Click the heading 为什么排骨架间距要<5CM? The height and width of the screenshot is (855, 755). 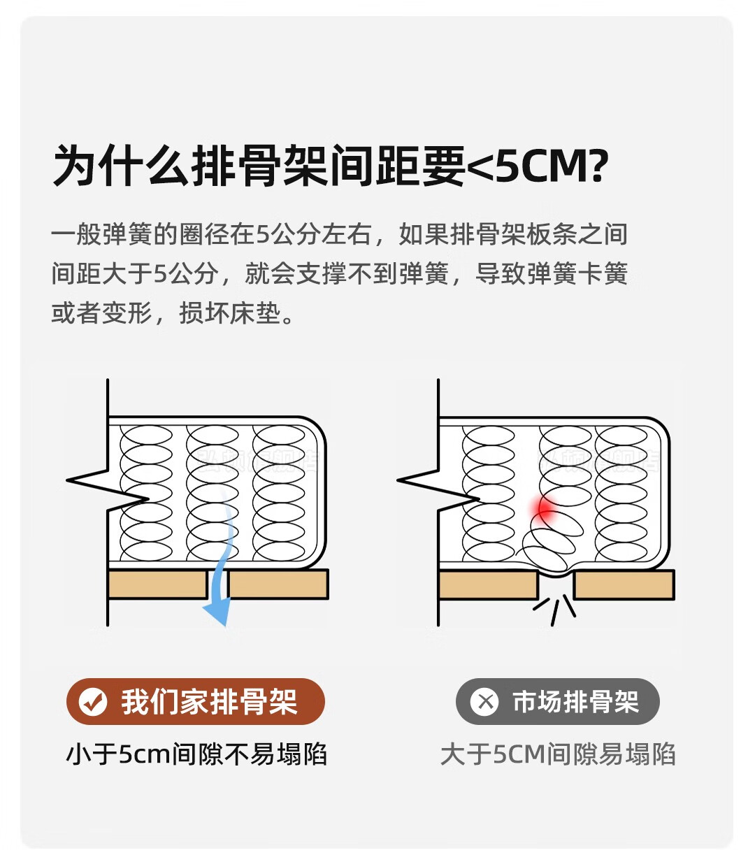coord(330,166)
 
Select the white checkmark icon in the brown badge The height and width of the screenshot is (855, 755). coord(93,701)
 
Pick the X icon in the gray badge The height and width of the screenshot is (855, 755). coord(484,701)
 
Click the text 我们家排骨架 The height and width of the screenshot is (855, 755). coord(209,701)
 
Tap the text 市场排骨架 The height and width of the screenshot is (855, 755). coord(575,701)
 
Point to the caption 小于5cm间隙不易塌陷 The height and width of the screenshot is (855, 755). coord(196,754)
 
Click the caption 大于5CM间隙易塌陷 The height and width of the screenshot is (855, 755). coord(558,754)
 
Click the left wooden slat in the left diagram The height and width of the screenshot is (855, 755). coord(157,584)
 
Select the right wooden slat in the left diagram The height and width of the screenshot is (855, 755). coord(278,584)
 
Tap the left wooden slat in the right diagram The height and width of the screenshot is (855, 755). coord(487,584)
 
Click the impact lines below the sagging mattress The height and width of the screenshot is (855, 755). coord(554,610)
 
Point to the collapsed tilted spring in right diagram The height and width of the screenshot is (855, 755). coord(552,538)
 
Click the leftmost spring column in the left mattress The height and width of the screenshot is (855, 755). coord(147,493)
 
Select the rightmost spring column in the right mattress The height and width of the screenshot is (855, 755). coord(621,493)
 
